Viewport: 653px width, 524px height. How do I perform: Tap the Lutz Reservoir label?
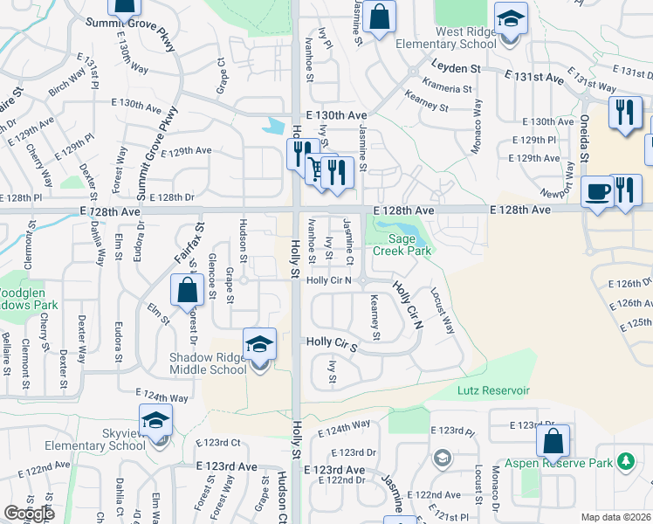coord(493,391)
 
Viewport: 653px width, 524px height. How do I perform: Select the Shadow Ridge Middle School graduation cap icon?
coord(259,344)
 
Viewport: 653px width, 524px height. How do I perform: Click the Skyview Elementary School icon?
coord(156,420)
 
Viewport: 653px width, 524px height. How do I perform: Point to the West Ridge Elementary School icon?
coord(511,17)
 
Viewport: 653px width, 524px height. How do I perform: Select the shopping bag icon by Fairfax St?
coord(188,290)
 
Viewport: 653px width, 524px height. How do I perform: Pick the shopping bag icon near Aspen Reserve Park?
coord(553,440)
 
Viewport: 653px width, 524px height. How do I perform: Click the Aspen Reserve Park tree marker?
coord(625,460)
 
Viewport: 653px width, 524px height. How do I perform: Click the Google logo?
coord(30,514)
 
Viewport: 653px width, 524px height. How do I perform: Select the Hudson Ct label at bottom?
coord(282,494)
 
